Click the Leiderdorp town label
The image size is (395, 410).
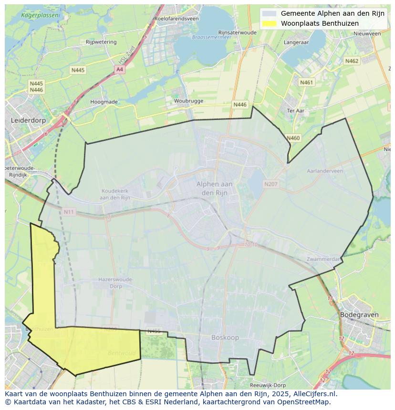(28, 120)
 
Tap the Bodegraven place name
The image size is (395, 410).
(359, 315)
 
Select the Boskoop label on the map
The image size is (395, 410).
(225, 338)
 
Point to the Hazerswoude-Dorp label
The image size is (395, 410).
(110, 283)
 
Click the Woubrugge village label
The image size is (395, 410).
(188, 101)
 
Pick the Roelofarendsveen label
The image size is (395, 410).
(176, 19)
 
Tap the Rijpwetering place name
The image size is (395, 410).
(101, 42)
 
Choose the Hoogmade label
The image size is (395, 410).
(104, 102)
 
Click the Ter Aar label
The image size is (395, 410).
(295, 110)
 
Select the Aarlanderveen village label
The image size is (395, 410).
(325, 171)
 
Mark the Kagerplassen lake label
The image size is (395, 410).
(41, 15)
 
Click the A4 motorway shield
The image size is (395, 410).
(120, 70)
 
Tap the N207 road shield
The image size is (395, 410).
(270, 184)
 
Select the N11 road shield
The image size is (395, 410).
(69, 211)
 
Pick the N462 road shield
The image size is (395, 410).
(352, 61)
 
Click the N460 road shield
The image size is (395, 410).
(293, 138)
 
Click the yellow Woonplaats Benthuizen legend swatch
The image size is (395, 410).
(269, 23)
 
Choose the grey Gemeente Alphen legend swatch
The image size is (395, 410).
(269, 13)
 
